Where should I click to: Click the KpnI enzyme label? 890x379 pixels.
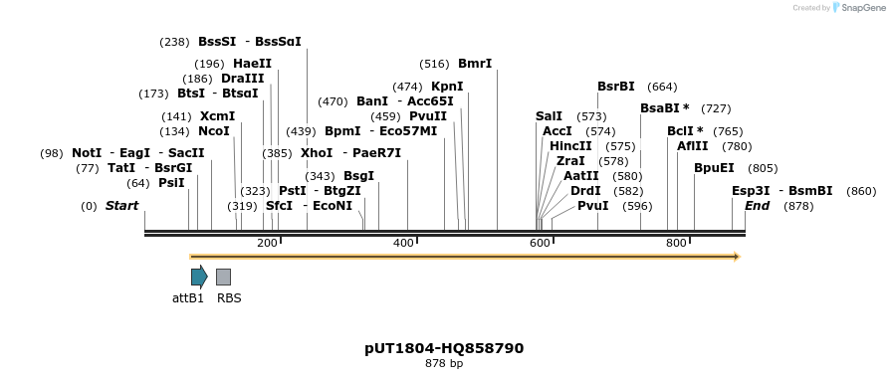(447, 87)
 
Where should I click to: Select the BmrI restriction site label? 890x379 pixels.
(475, 64)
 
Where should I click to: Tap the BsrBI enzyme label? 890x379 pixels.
(615, 87)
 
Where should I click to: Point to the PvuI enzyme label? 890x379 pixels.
(592, 206)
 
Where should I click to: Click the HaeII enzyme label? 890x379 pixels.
(252, 64)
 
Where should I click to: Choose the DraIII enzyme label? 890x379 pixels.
(243, 79)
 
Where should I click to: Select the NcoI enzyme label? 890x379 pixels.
(214, 131)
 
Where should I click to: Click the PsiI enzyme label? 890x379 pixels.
(171, 183)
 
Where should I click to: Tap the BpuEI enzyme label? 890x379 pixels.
(714, 168)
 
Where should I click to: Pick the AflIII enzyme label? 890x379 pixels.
(692, 146)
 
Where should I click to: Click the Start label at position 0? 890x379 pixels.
(122, 206)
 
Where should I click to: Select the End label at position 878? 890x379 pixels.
(758, 206)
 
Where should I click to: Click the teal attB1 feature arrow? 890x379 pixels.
(199, 277)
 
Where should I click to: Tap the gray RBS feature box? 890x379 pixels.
(223, 277)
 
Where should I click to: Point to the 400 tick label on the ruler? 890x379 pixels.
(403, 244)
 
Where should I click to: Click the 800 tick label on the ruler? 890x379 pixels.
(676, 244)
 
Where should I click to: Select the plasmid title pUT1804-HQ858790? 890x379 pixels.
(444, 348)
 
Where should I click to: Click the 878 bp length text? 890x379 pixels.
(444, 364)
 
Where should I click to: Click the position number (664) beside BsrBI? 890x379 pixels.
(662, 87)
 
